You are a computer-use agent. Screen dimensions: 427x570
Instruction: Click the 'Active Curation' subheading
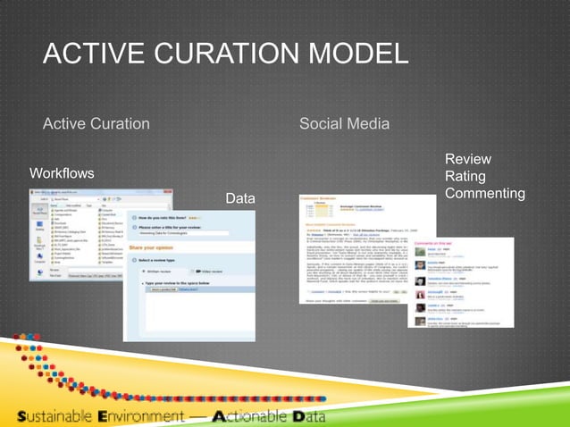tap(96, 122)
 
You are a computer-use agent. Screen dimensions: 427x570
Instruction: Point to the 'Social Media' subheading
tap(344, 122)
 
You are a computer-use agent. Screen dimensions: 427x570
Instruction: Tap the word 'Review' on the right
tap(467, 159)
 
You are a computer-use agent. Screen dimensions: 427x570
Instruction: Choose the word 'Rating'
tap(465, 176)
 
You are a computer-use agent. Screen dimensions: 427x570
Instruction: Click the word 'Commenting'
tap(484, 193)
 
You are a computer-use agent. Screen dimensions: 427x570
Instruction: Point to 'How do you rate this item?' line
tap(179, 217)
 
